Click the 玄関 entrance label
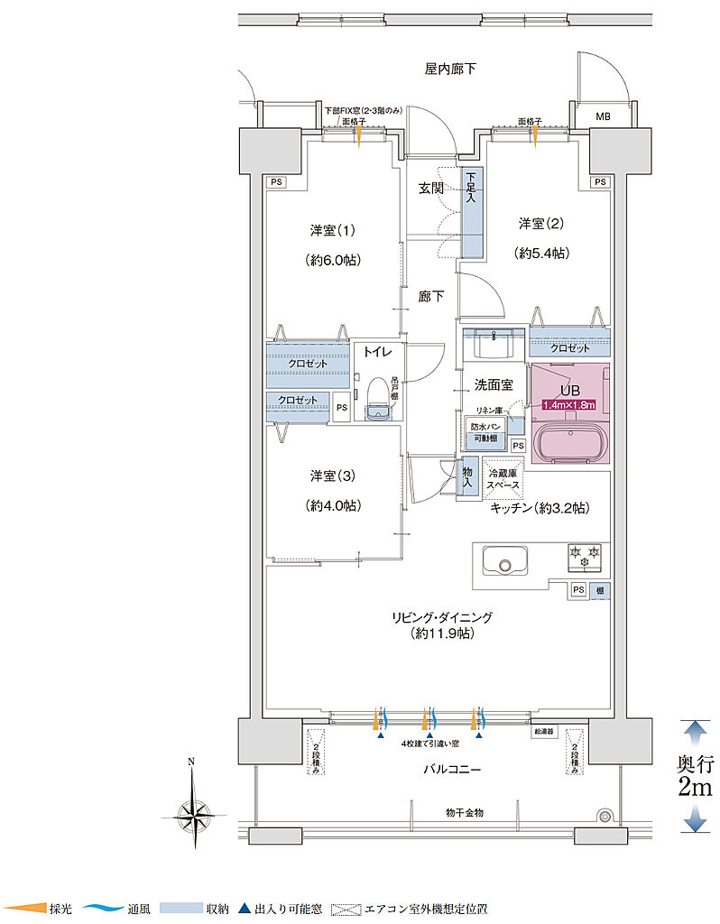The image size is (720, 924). (x=430, y=189)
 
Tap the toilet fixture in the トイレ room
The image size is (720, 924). (x=378, y=398)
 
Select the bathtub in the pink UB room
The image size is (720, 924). (x=569, y=443)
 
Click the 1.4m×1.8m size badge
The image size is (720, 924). (x=568, y=405)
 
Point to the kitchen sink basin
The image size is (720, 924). (x=501, y=561)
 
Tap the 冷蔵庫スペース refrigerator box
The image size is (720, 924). (x=503, y=478)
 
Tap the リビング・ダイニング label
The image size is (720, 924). (x=441, y=617)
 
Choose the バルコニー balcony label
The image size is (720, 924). (x=452, y=770)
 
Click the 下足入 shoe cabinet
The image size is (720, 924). (x=471, y=213)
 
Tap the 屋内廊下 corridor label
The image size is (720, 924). (x=450, y=69)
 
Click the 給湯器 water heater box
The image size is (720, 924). (x=545, y=732)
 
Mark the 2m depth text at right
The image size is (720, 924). (x=695, y=787)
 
